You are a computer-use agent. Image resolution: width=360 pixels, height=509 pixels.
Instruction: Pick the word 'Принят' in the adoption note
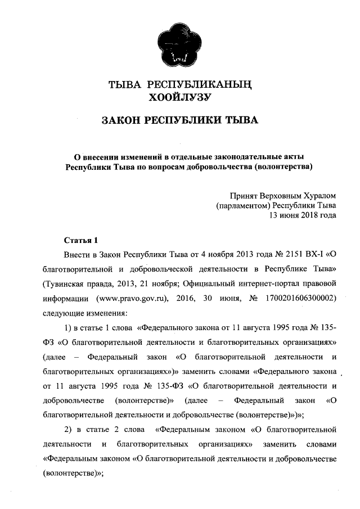[243, 196]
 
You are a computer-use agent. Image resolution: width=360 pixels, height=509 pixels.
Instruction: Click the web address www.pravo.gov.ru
[133, 296]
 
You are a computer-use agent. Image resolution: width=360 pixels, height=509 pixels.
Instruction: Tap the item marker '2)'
[70, 430]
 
